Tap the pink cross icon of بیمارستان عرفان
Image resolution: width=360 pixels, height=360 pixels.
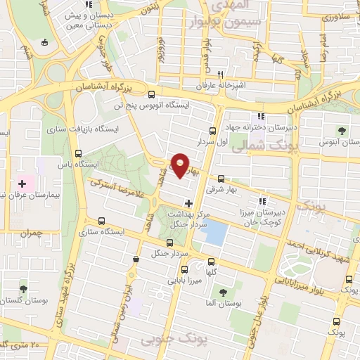tap(22, 183)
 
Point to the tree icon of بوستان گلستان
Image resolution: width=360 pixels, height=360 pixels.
tap(23, 289)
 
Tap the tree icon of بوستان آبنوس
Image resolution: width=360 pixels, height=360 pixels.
tap(342, 130)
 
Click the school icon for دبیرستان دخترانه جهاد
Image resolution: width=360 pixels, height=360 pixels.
tap(261, 116)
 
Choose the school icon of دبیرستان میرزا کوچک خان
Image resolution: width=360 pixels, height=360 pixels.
tap(265, 200)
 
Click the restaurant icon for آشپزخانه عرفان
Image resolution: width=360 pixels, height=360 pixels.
tap(220, 75)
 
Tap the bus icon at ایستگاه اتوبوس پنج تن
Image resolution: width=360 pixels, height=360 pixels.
tap(151, 94)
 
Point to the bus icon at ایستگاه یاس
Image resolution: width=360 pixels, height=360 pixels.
tap(77, 153)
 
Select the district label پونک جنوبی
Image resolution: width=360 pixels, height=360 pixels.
tap(166, 341)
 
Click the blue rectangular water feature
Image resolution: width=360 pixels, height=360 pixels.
tap(215, 231)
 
